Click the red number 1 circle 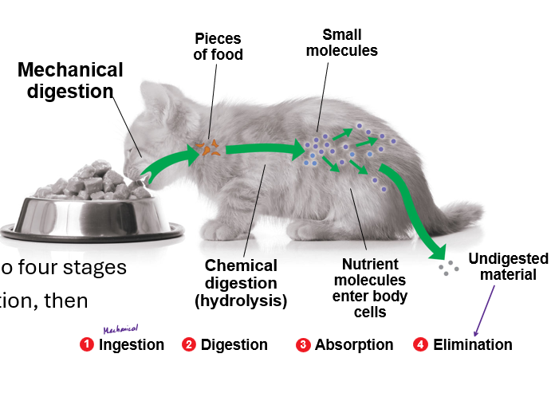pos(87,345)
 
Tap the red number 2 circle pos(189,345)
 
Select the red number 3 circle pos(303,345)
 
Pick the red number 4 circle pos(421,345)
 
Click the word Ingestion pos(132,345)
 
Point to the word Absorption pos(354,345)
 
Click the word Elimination pos(473,345)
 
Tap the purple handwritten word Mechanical pos(121,328)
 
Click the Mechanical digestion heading pos(70,80)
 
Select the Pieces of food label pos(217,46)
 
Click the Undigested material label pos(509,267)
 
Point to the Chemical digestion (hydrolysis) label pos(241,283)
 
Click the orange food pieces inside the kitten pos(210,147)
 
